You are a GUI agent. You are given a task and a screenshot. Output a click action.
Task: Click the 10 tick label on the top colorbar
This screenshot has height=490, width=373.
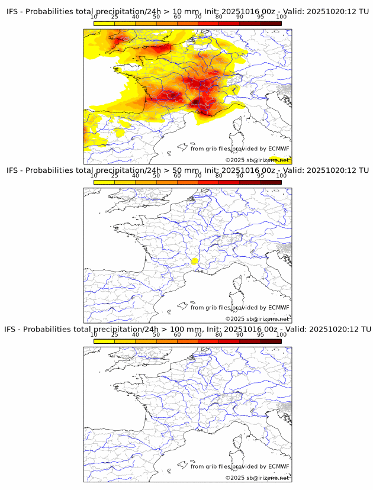(94, 17)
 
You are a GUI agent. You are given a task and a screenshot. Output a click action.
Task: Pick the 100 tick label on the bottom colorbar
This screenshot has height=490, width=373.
(281, 334)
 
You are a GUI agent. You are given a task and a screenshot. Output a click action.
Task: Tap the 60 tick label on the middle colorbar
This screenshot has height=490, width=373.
(177, 176)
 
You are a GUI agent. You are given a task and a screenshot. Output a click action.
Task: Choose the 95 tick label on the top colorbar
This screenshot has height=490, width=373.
(261, 17)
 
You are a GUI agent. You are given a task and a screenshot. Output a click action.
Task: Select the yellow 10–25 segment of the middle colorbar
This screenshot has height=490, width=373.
(104, 182)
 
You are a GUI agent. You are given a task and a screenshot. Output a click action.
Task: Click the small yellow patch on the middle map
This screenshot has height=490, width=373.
(194, 260)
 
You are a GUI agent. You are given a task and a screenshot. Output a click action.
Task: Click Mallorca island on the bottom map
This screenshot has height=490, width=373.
(183, 463)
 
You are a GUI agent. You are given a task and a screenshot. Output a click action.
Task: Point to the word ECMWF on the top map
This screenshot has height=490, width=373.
(279, 149)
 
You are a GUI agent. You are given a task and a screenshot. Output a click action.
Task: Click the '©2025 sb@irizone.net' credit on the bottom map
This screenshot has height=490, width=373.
(257, 478)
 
